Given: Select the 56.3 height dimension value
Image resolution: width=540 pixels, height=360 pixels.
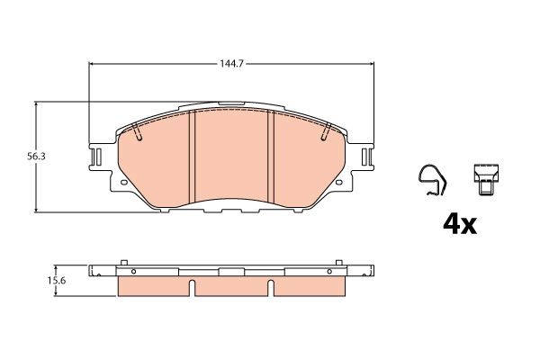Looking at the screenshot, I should click(17, 156).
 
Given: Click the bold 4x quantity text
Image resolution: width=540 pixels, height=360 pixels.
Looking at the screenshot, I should click(458, 222).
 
